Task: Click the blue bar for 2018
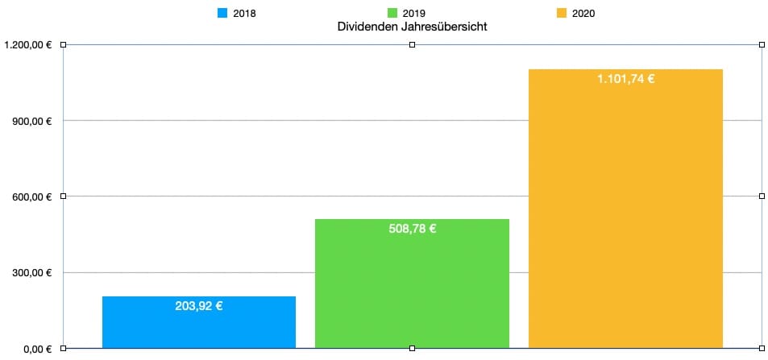tap(198, 322)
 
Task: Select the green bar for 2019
tap(412, 286)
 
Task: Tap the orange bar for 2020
tap(625, 209)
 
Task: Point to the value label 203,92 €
tap(198, 306)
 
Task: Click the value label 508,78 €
tap(412, 229)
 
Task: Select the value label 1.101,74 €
tap(625, 79)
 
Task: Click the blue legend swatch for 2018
tap(223, 13)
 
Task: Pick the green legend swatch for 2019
tap(392, 13)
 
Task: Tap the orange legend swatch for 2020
tap(562, 13)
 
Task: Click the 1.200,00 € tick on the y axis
tap(28, 45)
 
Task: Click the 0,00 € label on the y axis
tap(37, 348)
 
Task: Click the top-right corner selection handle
tap(762, 45)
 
